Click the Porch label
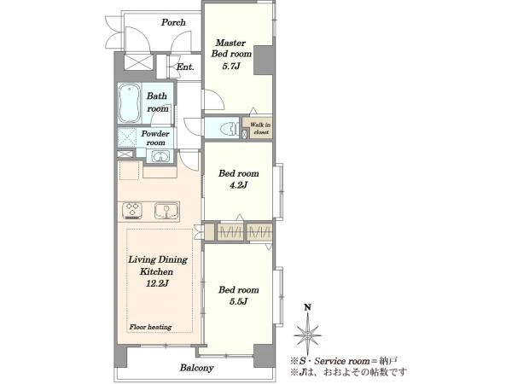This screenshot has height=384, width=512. (x=173, y=22)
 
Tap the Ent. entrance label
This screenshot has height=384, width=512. (x=185, y=67)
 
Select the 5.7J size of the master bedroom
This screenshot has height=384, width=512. (x=231, y=67)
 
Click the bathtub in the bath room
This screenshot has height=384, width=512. (x=130, y=103)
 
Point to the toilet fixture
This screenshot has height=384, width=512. (x=230, y=129)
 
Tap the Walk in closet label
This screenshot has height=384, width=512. (x=260, y=128)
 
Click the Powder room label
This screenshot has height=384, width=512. (x=155, y=138)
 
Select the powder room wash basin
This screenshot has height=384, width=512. (x=160, y=156)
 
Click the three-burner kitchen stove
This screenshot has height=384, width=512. (x=132, y=211)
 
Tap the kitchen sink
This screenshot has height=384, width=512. (x=166, y=211)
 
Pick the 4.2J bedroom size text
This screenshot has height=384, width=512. (x=238, y=185)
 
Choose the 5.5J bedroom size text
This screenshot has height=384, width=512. (x=238, y=301)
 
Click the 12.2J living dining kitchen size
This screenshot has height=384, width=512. (x=157, y=283)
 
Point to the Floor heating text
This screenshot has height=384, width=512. (x=150, y=327)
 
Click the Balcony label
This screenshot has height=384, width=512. (x=196, y=368)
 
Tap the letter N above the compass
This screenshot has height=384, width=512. (x=307, y=307)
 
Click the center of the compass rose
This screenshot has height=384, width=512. (x=307, y=335)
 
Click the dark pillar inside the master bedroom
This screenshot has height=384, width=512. (x=263, y=61)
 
